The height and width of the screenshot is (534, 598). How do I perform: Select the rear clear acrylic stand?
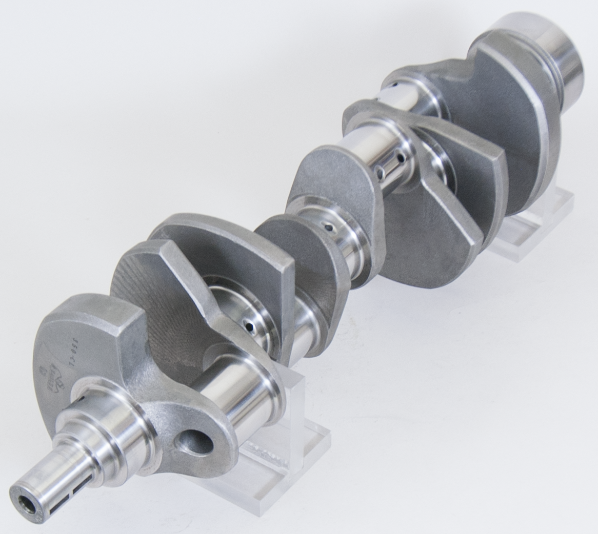[533, 225]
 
